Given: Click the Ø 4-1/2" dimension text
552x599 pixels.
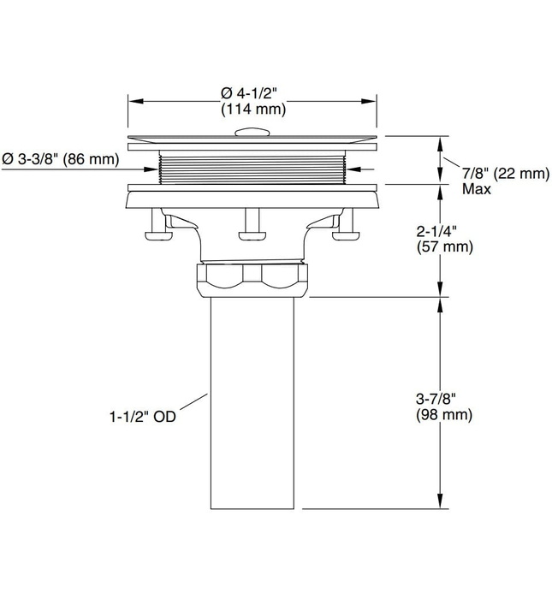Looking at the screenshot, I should click(253, 92).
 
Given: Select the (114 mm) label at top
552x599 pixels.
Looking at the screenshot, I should click(253, 110).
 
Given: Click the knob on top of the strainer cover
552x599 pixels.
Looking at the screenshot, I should click(252, 131).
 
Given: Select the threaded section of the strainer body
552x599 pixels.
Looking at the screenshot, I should click(253, 165).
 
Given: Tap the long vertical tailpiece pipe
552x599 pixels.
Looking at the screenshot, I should click(253, 402).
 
